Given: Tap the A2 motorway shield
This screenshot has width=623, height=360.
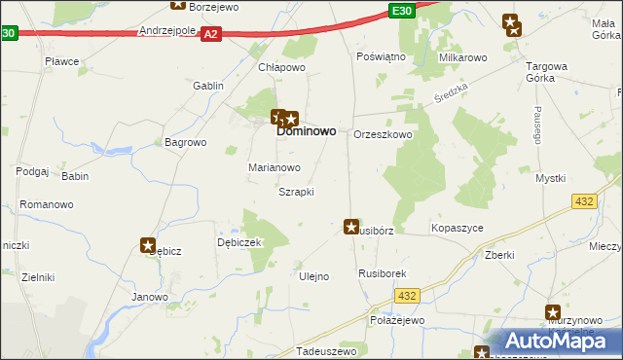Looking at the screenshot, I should (211, 34).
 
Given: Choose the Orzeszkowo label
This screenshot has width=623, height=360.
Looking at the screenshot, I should (383, 135).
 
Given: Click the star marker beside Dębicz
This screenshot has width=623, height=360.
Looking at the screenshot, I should (148, 245).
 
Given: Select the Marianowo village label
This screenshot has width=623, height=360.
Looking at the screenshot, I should (274, 167).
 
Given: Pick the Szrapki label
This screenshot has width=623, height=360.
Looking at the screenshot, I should (296, 192).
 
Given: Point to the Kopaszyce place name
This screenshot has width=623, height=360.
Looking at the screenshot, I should (457, 228).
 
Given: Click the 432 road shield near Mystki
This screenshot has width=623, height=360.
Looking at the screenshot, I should (584, 200).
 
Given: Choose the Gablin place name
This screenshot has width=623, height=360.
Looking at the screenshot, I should (208, 86).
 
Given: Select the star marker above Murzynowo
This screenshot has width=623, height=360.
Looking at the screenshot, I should (553, 312).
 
